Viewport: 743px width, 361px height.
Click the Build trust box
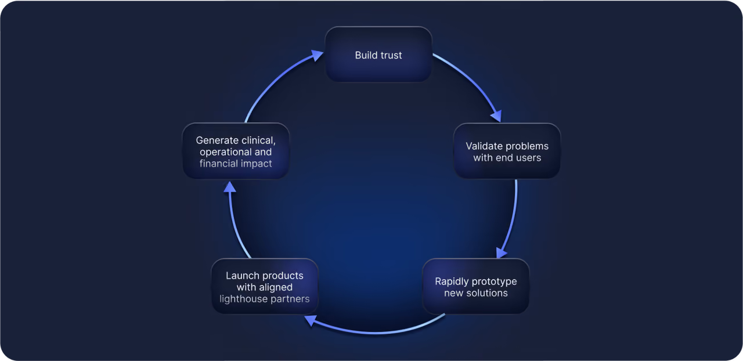[x=378, y=55]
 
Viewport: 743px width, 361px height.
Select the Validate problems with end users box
[x=507, y=151]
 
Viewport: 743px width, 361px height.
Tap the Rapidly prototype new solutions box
[x=475, y=286]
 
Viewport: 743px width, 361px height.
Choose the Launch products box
[x=265, y=286]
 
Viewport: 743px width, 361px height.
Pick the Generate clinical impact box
[x=236, y=151]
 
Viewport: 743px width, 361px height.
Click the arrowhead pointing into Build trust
[x=318, y=55]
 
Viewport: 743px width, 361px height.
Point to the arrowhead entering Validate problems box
[x=496, y=116]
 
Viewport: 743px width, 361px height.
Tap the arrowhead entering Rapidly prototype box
[x=501, y=253]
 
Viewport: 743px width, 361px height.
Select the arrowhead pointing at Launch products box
[x=311, y=320]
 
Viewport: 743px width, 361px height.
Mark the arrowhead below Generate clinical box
[x=229, y=187]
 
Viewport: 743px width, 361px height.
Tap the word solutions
[x=492, y=293]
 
